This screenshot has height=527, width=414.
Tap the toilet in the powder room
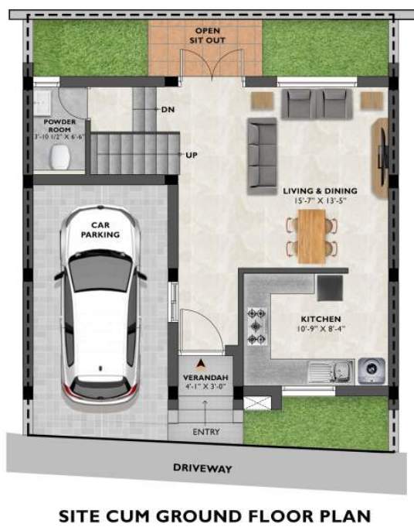[x=58, y=157]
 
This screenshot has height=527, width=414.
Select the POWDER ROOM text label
[x=59, y=126]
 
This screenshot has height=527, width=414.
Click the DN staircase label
[x=168, y=110]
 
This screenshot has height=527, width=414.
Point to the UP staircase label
[x=192, y=156]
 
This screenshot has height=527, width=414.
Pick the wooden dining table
[x=312, y=236]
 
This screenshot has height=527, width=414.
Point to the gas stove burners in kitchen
[x=256, y=326]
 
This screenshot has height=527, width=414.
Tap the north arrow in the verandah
[x=202, y=361]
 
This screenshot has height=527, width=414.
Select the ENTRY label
[x=207, y=432]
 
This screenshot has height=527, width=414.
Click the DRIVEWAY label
[x=202, y=468]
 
